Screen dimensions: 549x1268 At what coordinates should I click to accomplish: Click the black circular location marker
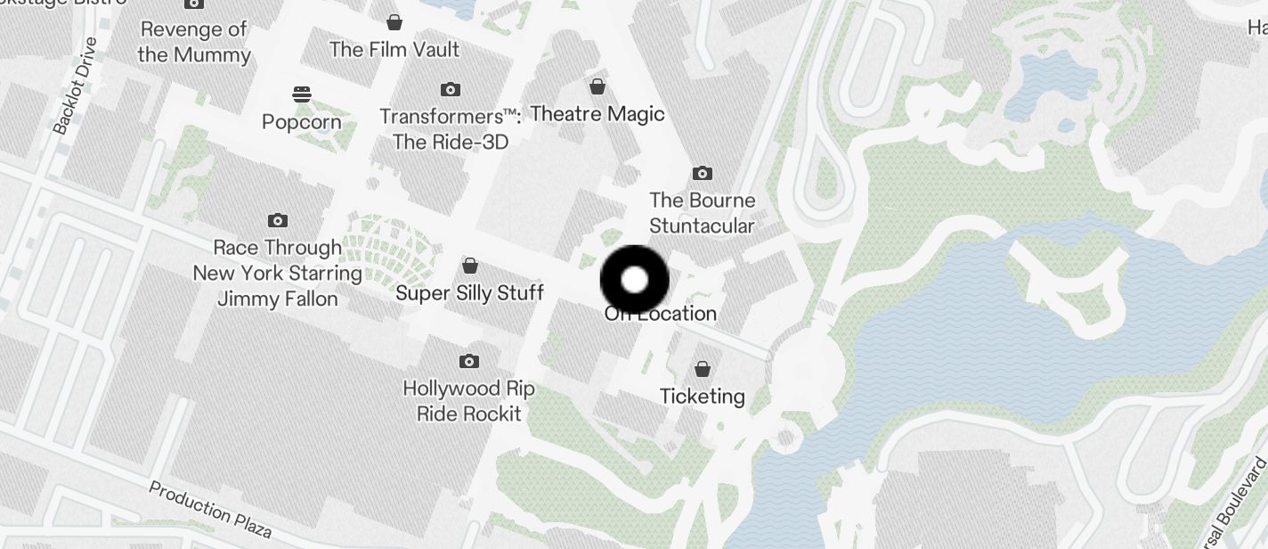pos(634,280)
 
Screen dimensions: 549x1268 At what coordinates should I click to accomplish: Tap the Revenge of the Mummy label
pos(194,42)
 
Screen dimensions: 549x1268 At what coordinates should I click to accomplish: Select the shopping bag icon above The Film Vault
pos(394,21)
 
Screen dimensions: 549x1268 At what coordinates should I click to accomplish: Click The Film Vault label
pos(394,49)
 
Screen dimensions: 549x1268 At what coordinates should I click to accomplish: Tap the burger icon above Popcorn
pos(302,94)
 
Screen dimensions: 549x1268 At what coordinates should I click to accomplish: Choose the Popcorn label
pos(302,122)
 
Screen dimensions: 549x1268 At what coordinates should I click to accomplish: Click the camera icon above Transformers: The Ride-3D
pos(451,89)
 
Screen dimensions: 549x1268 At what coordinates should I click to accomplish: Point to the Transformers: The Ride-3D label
pos(451,129)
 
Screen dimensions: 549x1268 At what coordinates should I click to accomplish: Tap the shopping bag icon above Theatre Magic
pos(597,86)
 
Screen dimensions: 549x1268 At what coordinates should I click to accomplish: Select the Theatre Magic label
pos(597,114)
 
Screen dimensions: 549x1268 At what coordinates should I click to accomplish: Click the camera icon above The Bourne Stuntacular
pos(703,173)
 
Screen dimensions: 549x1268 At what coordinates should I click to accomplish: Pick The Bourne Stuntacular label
pos(703,213)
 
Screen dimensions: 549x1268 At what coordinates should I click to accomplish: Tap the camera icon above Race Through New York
pos(278,220)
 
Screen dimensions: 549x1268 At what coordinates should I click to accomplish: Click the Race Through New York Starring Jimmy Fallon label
pos(278,273)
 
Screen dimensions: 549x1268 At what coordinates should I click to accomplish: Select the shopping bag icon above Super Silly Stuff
pos(469,266)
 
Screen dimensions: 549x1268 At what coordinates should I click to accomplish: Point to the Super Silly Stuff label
pos(469,293)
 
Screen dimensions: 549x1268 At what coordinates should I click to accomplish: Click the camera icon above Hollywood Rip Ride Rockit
pos(469,361)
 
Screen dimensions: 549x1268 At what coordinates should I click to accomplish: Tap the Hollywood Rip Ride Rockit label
pos(469,401)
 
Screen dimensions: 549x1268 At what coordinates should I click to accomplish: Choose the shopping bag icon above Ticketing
pos(703,368)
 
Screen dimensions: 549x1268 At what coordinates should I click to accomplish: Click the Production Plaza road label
pos(210,510)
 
